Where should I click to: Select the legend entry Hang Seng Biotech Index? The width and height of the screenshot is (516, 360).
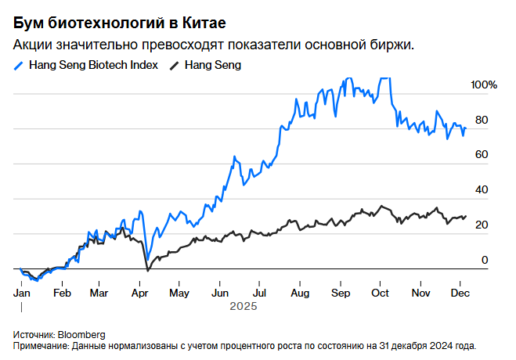[x=93, y=65]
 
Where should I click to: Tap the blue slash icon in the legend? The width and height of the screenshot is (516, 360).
[x=19, y=65]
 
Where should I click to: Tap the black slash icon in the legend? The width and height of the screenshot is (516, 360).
[x=175, y=65]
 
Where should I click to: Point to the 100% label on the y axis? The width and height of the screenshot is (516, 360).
[x=484, y=85]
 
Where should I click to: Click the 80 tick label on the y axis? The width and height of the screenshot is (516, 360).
[x=482, y=120]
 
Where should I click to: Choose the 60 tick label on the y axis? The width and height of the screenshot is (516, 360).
[x=482, y=154]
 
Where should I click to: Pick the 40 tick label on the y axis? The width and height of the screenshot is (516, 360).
[x=482, y=189]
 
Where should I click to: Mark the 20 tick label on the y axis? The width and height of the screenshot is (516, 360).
[x=482, y=225]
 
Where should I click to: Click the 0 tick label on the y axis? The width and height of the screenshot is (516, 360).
[x=485, y=260]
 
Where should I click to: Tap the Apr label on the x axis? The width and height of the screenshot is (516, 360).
[x=141, y=293]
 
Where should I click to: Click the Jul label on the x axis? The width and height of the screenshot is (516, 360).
[x=259, y=293]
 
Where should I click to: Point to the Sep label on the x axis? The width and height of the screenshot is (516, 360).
[x=340, y=293]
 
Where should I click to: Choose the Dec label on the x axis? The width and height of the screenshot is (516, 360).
[x=460, y=293]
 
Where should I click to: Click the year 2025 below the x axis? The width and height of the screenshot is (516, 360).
[x=243, y=308]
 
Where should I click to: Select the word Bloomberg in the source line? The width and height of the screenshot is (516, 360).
[x=82, y=334]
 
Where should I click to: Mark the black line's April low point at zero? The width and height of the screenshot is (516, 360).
[x=147, y=270]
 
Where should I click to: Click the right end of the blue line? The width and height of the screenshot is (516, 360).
[x=466, y=128]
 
